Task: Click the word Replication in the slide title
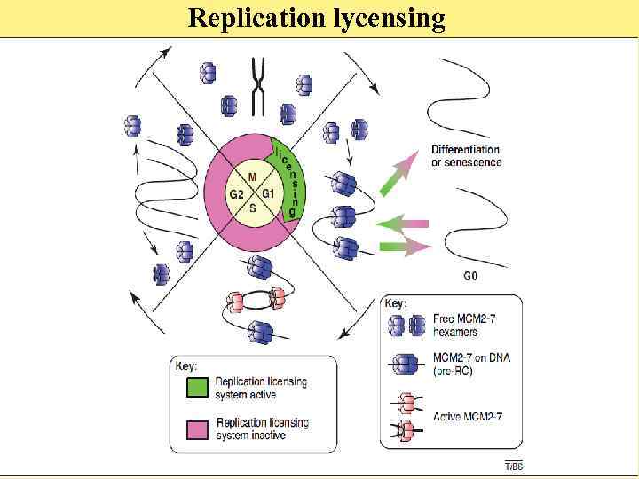coord(254,19)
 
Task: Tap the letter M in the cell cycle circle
coord(252,177)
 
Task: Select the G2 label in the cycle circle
coord(237,193)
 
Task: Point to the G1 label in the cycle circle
coord(267,193)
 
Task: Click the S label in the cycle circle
coord(252,208)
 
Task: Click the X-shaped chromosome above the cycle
coord(259,85)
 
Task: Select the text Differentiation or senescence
coord(466,156)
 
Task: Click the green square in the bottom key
coord(197,388)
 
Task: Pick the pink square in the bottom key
coord(197,429)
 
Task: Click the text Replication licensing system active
coord(261,388)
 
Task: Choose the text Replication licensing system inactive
coord(263,429)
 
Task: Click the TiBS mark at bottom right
coord(513,466)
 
